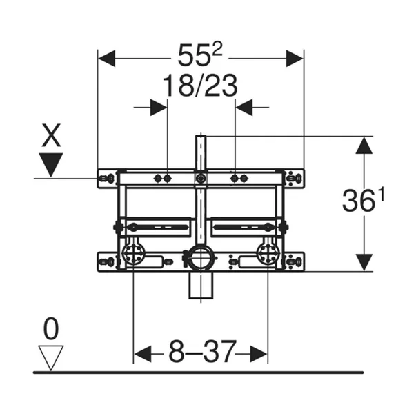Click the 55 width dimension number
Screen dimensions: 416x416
pos(195,57)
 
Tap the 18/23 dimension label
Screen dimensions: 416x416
pos(200,86)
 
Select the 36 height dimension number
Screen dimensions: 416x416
pos(360,201)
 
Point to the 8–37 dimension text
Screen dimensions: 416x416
pos(202,352)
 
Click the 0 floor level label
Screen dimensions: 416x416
pos(50,329)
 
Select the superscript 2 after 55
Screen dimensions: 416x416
pos(217,50)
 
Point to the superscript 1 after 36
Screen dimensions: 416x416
pos(381,196)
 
